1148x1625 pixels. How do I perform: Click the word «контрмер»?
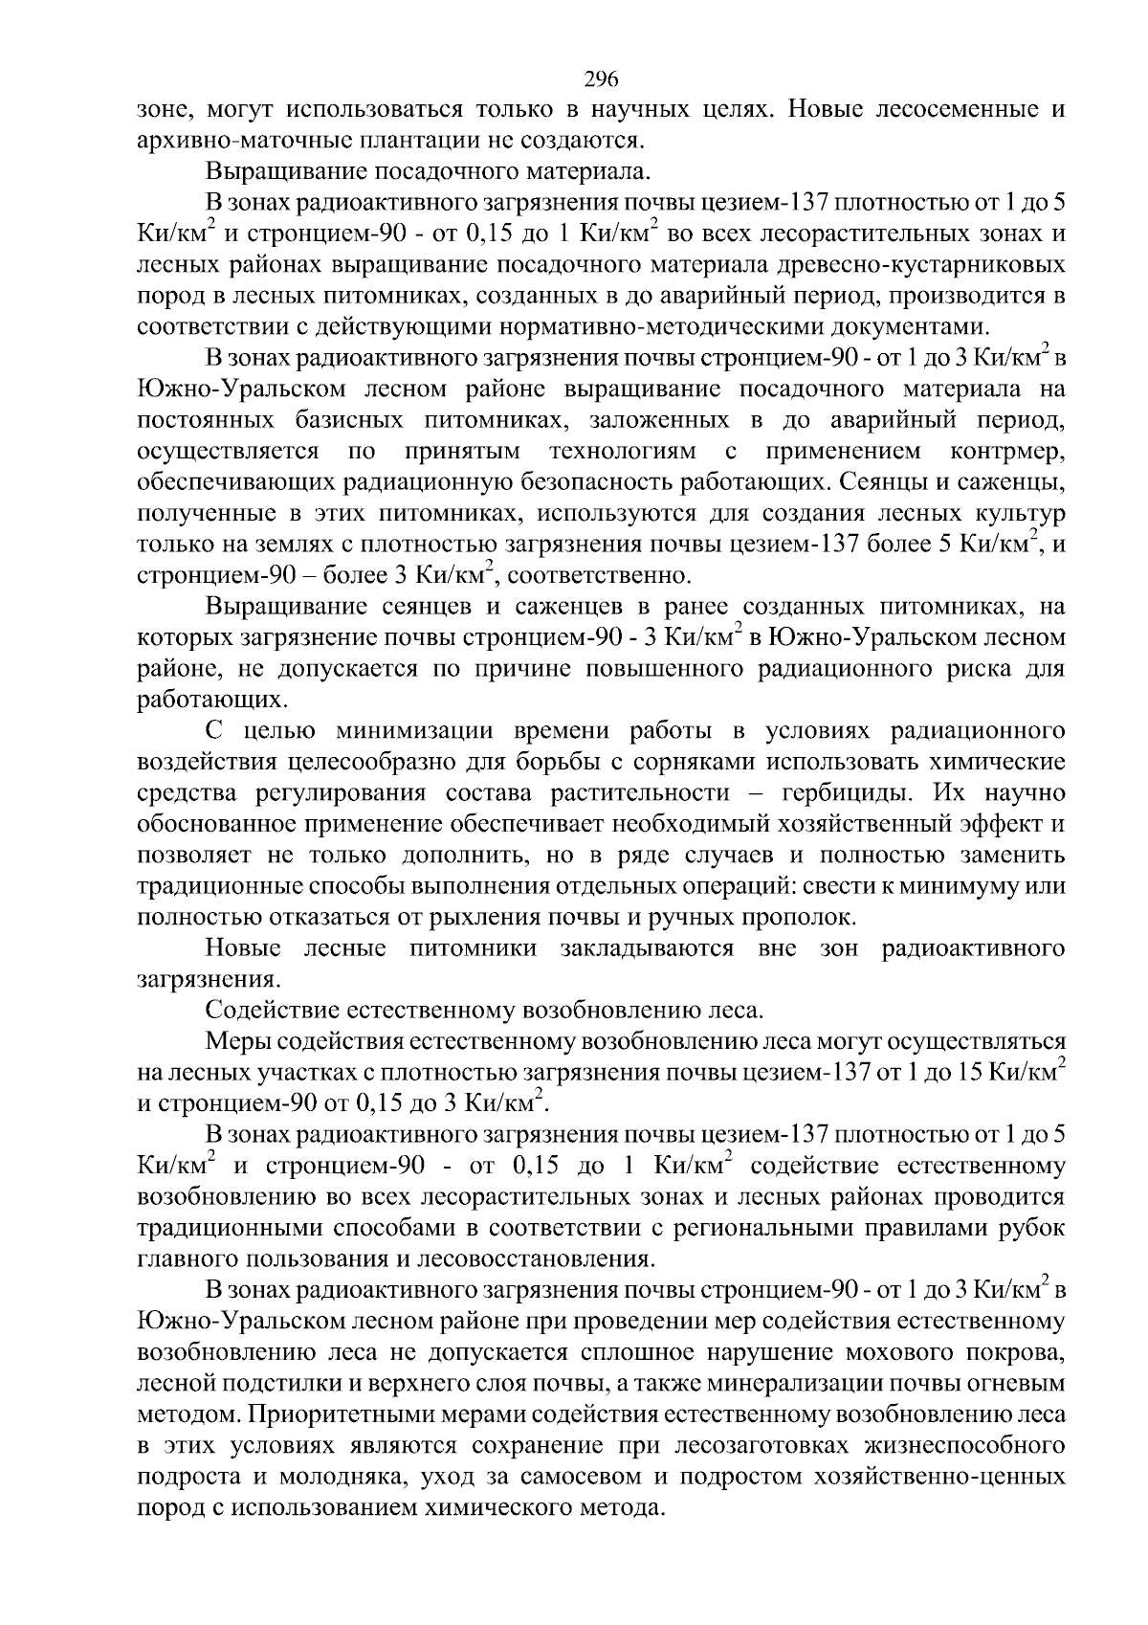(1008, 451)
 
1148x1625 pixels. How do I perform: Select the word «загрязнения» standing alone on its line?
(207, 980)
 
